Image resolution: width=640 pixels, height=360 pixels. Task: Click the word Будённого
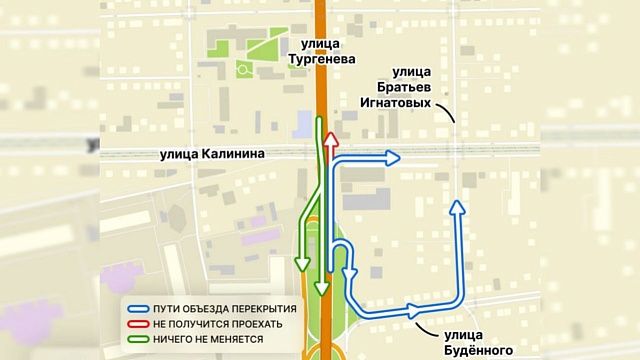coord(477,350)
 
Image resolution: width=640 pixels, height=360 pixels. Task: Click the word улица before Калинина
coord(181,154)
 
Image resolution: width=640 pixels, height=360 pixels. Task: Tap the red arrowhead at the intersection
coord(329,138)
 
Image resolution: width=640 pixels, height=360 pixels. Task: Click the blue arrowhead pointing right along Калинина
coord(393,156)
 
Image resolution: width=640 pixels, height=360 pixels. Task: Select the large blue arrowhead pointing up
coord(457,207)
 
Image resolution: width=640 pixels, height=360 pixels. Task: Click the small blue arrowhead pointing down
coord(349,272)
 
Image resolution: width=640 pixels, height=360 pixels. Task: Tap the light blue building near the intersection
coord(300,126)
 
